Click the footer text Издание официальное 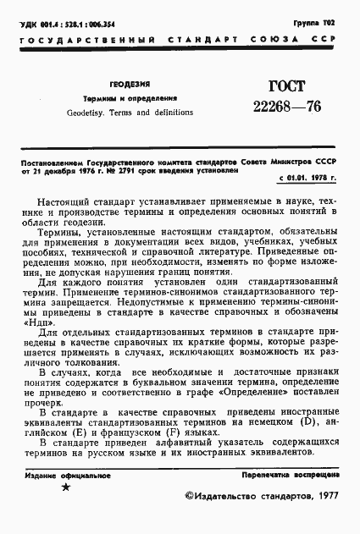click(67, 476)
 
